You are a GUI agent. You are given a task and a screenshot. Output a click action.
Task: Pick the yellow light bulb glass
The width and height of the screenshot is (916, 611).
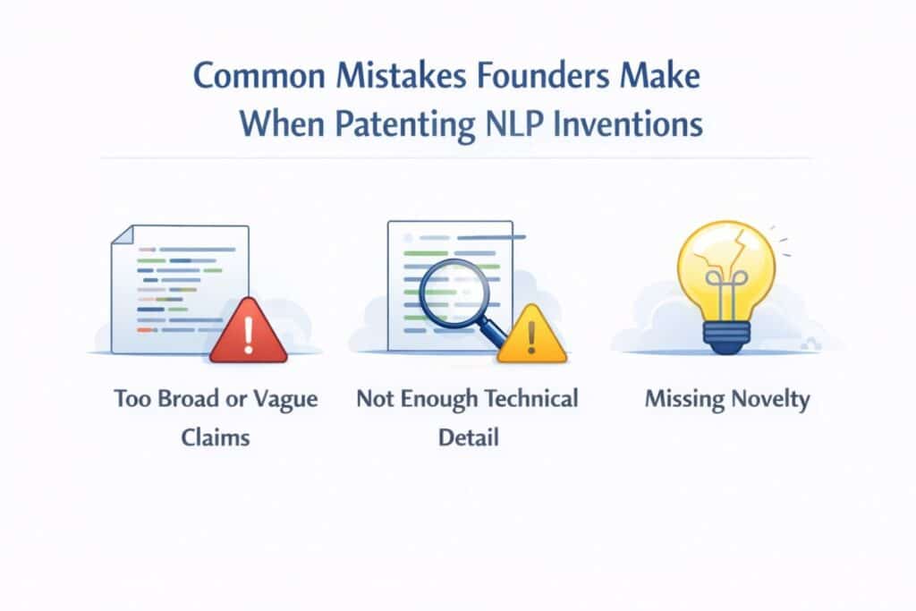725,264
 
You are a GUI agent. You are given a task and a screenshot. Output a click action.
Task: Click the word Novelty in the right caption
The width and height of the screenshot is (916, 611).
766,399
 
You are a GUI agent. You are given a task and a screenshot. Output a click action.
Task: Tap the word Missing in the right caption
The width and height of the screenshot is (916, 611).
682,399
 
